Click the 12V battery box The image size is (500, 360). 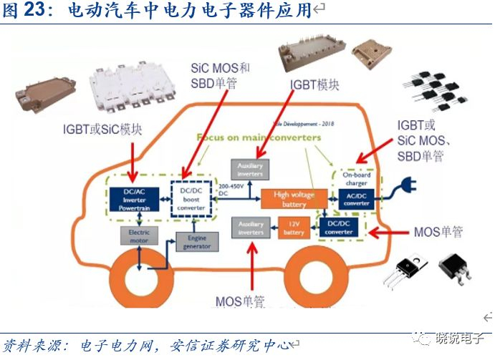click(294, 228)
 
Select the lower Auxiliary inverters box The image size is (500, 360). click(250, 228)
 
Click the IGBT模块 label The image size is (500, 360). click(314, 84)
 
